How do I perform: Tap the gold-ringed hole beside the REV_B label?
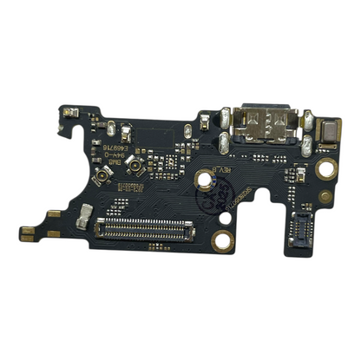coord(206,180)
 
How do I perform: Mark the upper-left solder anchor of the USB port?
coord(226,115)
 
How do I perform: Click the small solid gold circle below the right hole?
coord(324,195)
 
